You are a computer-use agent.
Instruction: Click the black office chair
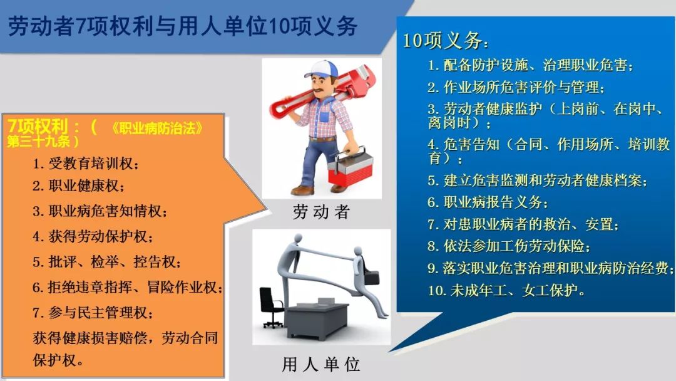point(271,307)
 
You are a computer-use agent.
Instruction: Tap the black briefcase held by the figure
point(371,276)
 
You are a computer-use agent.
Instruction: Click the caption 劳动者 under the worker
point(321,212)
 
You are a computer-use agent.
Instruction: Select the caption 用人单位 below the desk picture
point(321,364)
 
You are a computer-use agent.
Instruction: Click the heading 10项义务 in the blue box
point(446,41)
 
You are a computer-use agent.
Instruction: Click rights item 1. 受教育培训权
point(86,164)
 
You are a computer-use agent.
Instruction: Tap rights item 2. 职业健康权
point(78,185)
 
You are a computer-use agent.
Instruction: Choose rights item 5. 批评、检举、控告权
point(107,262)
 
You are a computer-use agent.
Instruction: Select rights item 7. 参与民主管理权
point(93,313)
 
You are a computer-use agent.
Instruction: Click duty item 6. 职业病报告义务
point(488,202)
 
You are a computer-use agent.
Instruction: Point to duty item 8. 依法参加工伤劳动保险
point(509,246)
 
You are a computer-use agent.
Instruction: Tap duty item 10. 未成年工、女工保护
point(506,290)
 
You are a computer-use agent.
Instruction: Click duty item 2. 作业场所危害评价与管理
point(516,87)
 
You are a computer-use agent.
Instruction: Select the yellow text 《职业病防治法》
point(156,128)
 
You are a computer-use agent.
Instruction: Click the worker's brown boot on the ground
point(302,190)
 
